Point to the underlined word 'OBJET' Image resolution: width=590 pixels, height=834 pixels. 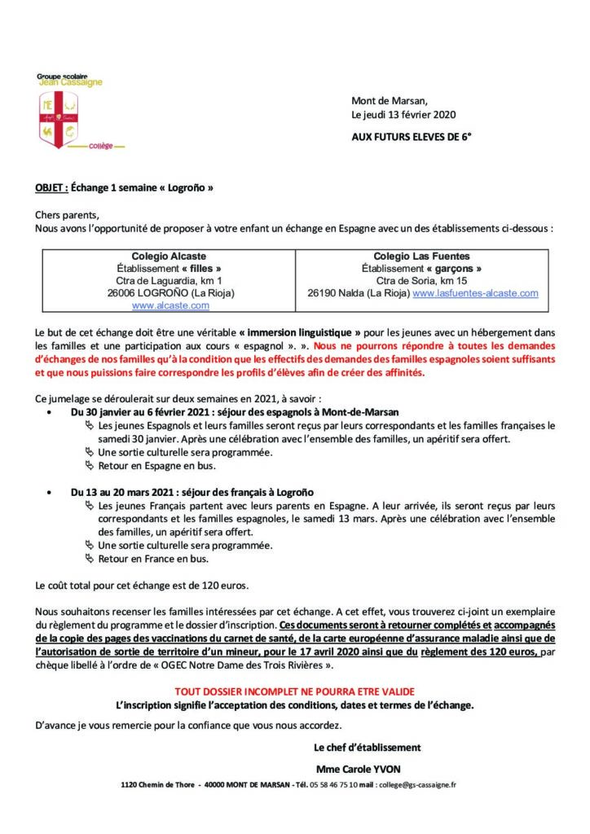tap(51, 187)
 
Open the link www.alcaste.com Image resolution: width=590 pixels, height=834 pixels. tap(170, 305)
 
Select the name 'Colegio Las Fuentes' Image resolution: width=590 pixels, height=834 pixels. tap(421, 256)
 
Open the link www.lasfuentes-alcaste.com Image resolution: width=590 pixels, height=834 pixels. tap(475, 292)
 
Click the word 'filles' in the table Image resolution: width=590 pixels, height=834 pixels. tap(201, 268)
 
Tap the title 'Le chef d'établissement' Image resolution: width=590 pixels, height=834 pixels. tap(367, 747)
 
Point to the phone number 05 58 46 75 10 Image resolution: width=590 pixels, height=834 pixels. tap(332, 785)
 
